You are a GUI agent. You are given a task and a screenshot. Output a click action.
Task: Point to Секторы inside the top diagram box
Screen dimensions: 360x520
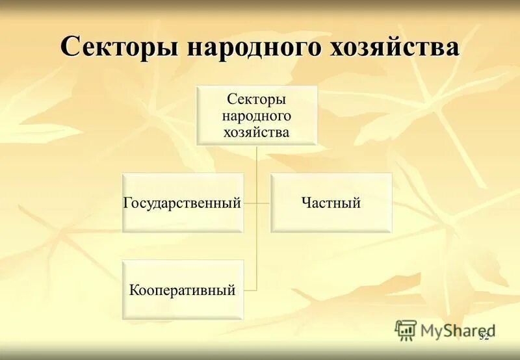[x=257, y=100]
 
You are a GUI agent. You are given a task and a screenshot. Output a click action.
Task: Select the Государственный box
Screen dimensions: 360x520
[x=183, y=203]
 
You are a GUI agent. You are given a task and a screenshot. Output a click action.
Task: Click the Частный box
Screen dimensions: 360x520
[x=331, y=203]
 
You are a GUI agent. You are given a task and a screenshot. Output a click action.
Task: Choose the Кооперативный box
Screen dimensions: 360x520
[x=183, y=290]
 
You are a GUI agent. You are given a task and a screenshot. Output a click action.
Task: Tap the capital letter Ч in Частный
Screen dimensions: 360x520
[x=305, y=203]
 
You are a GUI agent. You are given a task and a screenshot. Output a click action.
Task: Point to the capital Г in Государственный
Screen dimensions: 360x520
[x=127, y=203]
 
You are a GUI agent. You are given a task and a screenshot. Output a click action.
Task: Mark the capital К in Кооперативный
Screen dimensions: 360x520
[x=133, y=290]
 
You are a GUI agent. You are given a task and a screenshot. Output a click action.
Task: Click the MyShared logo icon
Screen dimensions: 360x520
[x=406, y=330]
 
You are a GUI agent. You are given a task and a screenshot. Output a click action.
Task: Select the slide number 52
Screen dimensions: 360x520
[x=484, y=336]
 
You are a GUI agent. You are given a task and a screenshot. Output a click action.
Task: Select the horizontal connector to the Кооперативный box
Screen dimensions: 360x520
[x=250, y=290]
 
